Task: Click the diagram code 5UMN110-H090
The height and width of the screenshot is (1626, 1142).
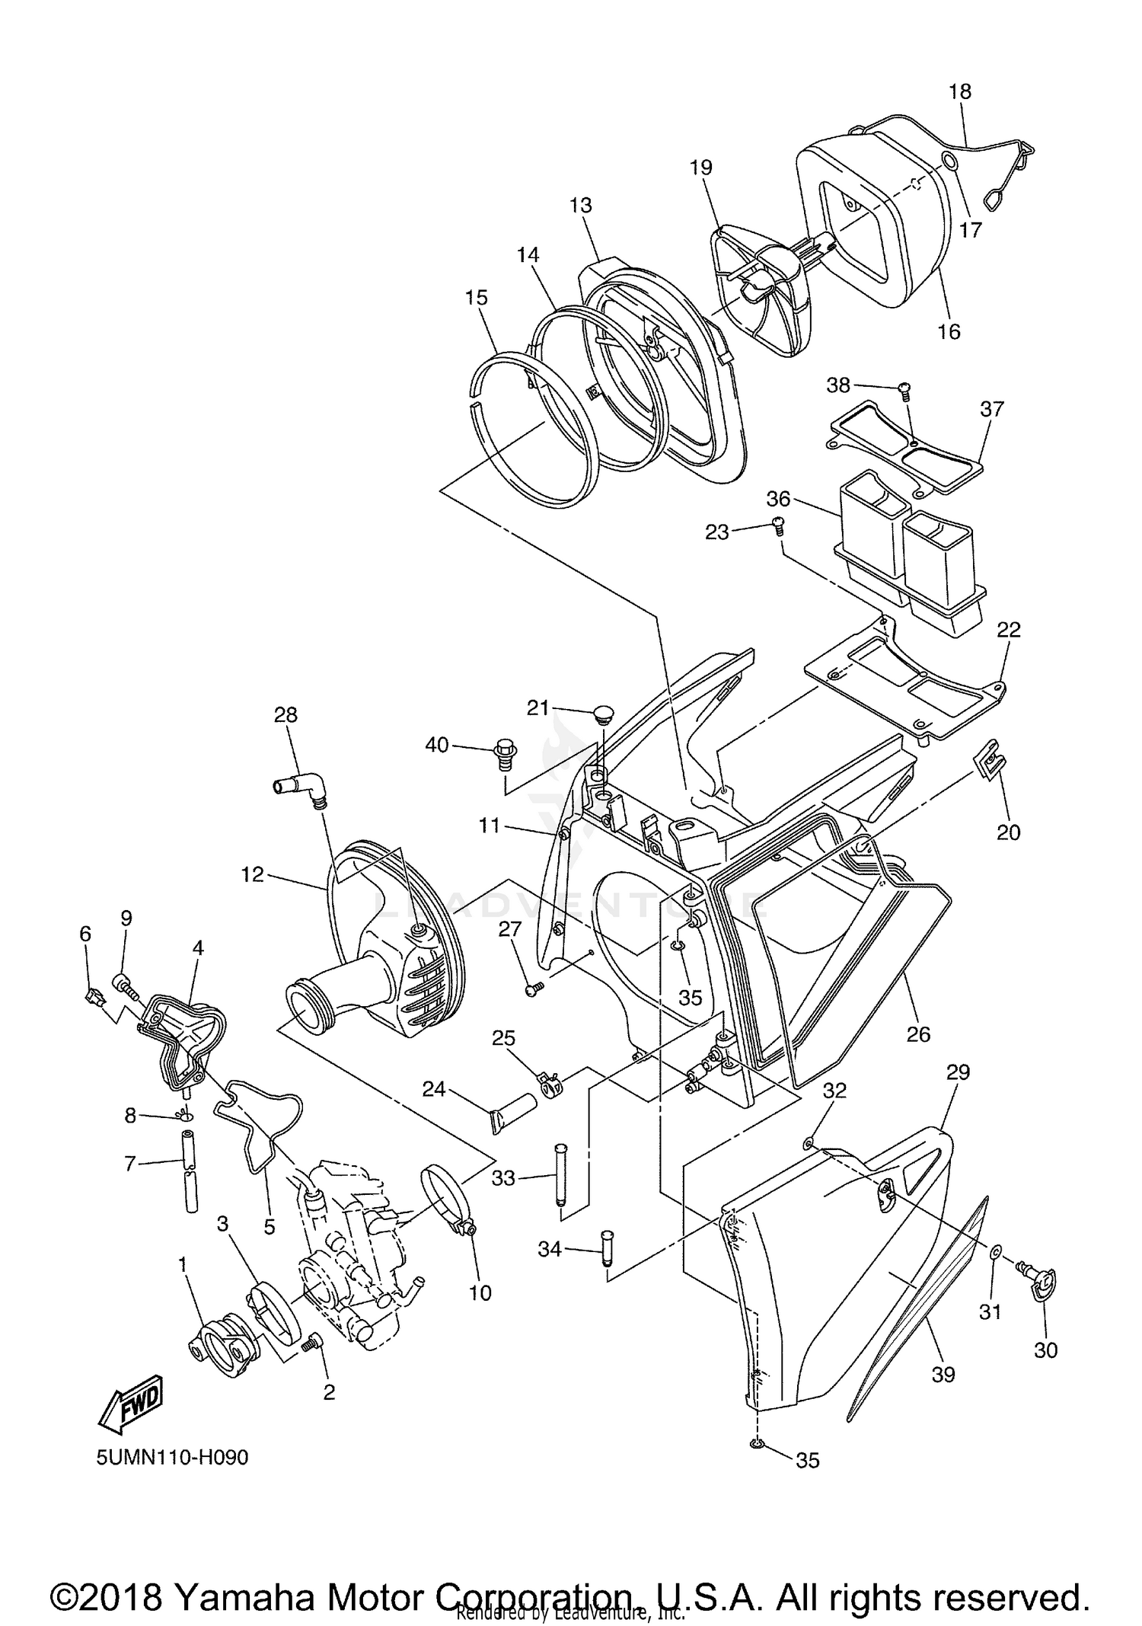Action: pos(172,1458)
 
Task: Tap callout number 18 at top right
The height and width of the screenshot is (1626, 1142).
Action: pos(960,91)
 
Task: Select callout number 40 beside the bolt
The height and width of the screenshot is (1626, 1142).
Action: pos(437,745)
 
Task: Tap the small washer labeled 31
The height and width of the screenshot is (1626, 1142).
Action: pos(996,1252)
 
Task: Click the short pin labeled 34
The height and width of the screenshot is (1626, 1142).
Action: pos(607,1249)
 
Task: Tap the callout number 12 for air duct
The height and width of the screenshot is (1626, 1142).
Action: pos(252,874)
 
